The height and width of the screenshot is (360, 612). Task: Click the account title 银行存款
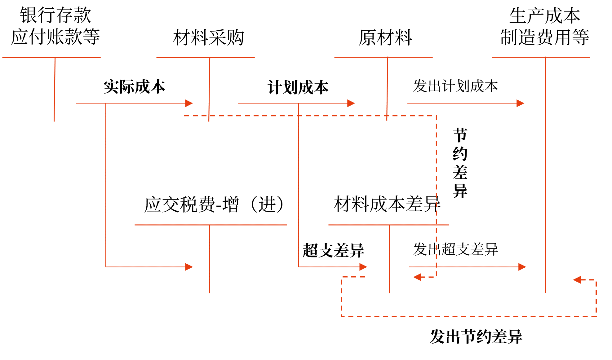(x=55, y=15)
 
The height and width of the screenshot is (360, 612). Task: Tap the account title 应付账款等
(x=55, y=37)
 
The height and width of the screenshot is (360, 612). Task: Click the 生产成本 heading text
(x=544, y=16)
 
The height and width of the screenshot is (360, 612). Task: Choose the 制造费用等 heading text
(x=544, y=37)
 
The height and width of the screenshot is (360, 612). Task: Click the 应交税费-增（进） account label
(x=214, y=204)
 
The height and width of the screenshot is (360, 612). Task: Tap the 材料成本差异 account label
(x=387, y=204)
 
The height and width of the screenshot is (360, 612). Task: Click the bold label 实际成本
(x=135, y=87)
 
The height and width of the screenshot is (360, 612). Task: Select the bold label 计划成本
(x=298, y=87)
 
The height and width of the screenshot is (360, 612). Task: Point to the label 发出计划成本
(x=455, y=86)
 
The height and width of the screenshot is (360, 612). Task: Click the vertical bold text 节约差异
(x=460, y=163)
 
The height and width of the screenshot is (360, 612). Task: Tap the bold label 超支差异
(x=333, y=250)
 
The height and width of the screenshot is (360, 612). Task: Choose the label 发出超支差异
(x=455, y=249)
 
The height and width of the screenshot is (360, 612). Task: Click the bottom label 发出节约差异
(x=476, y=337)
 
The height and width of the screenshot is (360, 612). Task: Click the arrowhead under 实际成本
(x=189, y=103)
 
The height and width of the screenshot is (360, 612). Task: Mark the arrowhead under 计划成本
(x=351, y=103)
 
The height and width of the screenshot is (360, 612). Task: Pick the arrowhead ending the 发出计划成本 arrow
(x=520, y=103)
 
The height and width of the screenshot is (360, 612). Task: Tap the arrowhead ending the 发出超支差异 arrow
(x=522, y=267)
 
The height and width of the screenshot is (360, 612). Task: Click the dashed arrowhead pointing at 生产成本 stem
(x=577, y=280)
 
